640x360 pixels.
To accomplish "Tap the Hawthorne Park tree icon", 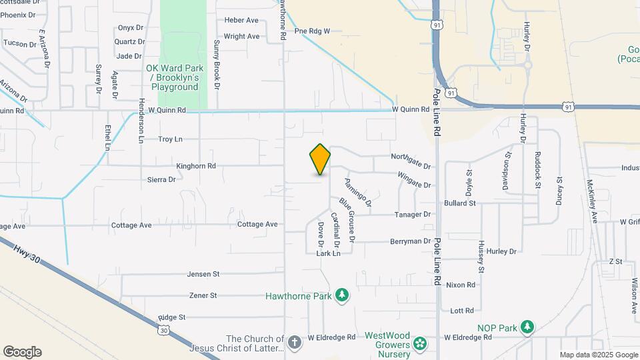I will point(342,295).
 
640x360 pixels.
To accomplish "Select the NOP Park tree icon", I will point(527,327).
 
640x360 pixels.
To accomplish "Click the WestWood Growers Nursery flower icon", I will point(419,343).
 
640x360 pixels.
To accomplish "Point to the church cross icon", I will point(295,342).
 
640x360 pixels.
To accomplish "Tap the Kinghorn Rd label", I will point(196,166).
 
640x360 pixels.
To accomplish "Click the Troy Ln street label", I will point(170,139).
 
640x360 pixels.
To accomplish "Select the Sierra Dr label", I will point(162,179).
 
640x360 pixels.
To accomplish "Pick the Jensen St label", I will point(203,274).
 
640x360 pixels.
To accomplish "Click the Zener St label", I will point(203,295).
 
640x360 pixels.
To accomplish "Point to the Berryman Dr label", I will point(411,241).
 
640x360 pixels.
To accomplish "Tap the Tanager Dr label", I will point(413,215).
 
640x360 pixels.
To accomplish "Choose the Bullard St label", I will point(460,203).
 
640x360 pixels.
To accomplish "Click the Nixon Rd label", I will point(461,285).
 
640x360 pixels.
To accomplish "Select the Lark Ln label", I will point(328,253).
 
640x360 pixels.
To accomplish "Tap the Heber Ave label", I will point(241,21).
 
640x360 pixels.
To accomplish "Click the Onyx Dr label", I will point(131,28).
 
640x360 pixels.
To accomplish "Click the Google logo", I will point(22,352).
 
